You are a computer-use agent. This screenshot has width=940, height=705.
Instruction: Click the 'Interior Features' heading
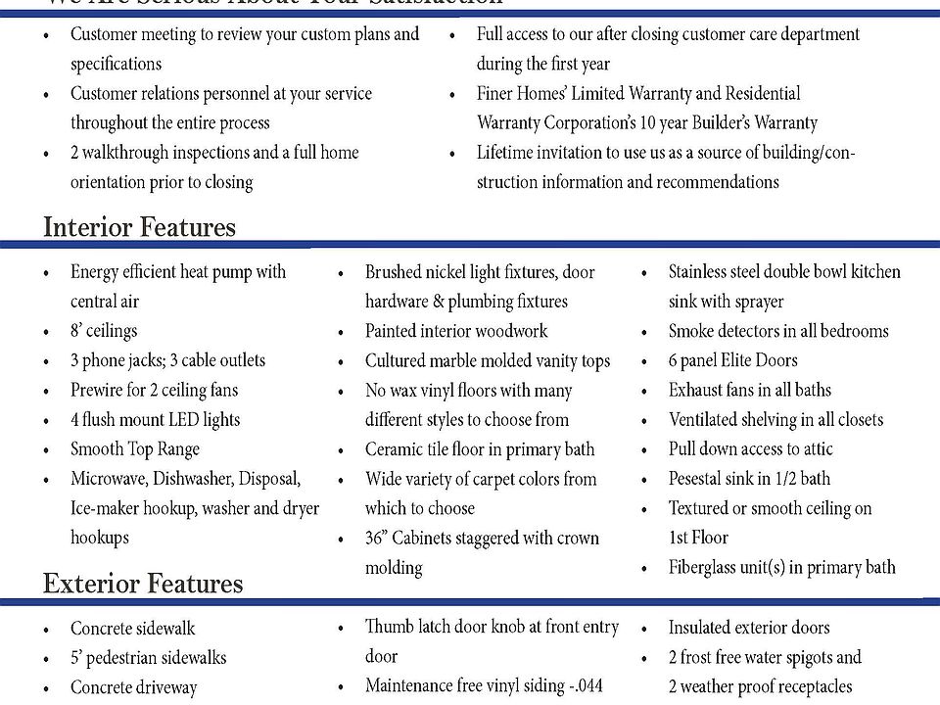coord(139,227)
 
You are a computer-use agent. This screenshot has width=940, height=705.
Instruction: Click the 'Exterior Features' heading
coord(143,584)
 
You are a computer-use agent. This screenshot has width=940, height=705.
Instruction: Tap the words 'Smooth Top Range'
coord(134,449)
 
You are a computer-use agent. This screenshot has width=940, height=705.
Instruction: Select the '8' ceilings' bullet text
coord(104,331)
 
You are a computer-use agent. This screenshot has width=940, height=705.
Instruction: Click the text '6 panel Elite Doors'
coord(732,360)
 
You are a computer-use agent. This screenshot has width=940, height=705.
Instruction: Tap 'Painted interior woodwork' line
coord(456,331)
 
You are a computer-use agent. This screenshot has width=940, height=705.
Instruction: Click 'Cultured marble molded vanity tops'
coord(488,360)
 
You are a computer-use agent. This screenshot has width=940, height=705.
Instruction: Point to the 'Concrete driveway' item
coord(133,687)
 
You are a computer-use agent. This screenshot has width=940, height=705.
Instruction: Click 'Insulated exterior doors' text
coord(749,628)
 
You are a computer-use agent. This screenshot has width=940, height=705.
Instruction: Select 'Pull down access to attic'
coord(751,449)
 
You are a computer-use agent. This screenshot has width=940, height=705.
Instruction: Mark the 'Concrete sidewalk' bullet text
coord(132,629)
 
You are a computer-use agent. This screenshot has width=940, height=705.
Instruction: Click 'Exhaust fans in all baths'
coord(750,390)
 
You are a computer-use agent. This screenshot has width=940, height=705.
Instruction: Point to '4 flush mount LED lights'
coord(155,420)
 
